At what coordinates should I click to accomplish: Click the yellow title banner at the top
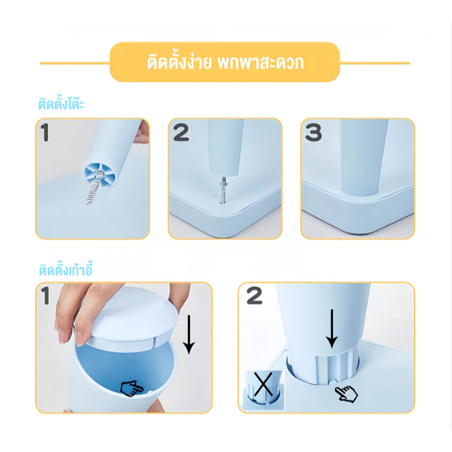[x=225, y=62]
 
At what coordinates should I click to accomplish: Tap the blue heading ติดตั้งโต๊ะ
[x=61, y=103]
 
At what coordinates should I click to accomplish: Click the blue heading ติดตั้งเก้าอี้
[x=66, y=270]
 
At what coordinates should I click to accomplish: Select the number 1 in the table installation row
[x=45, y=132]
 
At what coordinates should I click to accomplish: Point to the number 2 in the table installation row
[x=181, y=132]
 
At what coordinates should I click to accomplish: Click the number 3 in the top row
[x=313, y=132]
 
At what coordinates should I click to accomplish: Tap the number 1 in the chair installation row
[x=45, y=296]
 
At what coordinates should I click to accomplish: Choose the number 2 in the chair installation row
[x=255, y=296]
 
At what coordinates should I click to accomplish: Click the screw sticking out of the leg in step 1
[x=95, y=187]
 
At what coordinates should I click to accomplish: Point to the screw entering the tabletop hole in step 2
[x=223, y=190]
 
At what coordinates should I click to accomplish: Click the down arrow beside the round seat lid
[x=189, y=334]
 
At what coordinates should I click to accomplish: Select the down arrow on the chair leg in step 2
[x=332, y=329]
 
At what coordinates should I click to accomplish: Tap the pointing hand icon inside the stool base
[x=131, y=388]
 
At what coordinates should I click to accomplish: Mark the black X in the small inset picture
[x=263, y=384]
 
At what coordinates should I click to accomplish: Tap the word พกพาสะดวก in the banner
[x=261, y=62]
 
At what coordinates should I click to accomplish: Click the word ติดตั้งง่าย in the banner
[x=179, y=62]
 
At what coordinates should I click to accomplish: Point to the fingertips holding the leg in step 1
[x=143, y=132]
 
